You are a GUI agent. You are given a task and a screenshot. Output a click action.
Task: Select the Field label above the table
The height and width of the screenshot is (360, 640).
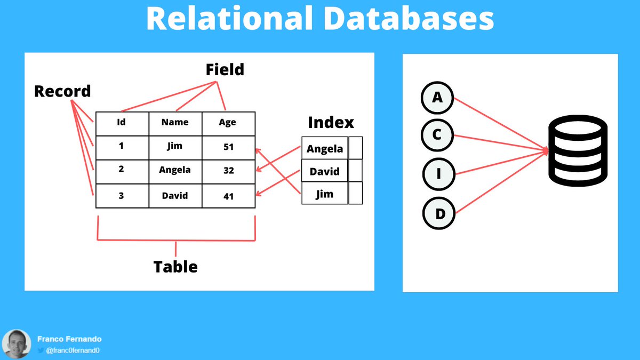click(225, 69)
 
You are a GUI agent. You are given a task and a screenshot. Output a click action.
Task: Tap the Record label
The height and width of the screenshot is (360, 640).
click(62, 91)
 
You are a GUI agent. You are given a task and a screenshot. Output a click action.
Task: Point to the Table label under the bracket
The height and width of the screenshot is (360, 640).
click(175, 266)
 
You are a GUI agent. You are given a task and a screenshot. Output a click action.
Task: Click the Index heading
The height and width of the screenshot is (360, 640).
click(331, 123)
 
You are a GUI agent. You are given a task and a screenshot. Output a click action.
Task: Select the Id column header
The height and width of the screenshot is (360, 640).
click(122, 123)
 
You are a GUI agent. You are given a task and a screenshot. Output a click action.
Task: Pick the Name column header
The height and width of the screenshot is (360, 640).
click(175, 123)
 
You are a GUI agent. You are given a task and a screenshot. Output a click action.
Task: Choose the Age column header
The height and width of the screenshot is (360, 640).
click(228, 123)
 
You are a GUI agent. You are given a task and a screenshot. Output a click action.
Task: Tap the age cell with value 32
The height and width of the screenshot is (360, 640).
click(228, 171)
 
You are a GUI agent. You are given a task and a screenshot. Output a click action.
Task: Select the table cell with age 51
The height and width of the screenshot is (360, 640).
click(228, 147)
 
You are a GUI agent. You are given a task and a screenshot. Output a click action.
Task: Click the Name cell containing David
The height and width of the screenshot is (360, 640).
click(175, 196)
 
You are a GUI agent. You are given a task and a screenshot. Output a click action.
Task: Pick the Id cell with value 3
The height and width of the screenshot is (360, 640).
click(122, 196)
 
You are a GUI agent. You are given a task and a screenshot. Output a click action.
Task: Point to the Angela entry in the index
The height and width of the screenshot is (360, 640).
click(325, 149)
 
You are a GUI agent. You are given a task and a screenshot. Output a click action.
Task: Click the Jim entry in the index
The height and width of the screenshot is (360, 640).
click(325, 194)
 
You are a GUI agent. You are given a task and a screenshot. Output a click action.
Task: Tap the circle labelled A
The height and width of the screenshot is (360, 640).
click(437, 98)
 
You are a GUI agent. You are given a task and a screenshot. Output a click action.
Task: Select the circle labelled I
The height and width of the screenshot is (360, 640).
click(438, 174)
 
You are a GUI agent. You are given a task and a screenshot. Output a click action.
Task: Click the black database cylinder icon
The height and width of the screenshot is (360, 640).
click(578, 153)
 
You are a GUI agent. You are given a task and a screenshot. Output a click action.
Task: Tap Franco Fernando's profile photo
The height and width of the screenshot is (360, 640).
click(17, 343)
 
